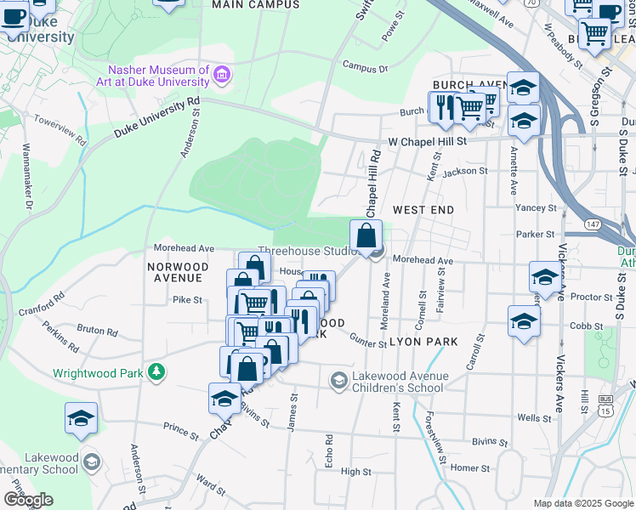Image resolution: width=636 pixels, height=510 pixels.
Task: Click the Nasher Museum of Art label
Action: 158,76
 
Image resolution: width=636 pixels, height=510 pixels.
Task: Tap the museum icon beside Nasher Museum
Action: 223,75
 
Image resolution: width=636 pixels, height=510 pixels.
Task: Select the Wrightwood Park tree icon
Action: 156,371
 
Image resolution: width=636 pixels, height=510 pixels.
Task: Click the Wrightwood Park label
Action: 99,372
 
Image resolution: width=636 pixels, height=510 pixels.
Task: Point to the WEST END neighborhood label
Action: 423,209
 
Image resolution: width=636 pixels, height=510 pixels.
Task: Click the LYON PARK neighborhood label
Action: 423,342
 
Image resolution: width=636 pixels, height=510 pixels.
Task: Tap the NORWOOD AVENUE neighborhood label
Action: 176,272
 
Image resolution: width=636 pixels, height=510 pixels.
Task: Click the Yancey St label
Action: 536,207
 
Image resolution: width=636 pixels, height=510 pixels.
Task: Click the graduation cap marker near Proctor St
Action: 544,276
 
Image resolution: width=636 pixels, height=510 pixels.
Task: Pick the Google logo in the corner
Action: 28,499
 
